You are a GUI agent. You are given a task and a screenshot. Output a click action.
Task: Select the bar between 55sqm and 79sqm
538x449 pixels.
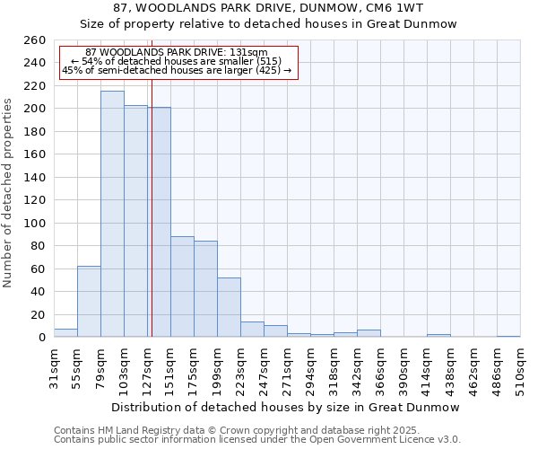click(x=89, y=301)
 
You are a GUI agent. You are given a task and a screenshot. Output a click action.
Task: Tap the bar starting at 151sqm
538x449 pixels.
click(x=182, y=286)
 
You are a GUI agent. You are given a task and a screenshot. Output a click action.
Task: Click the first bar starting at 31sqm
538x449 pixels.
click(x=65, y=333)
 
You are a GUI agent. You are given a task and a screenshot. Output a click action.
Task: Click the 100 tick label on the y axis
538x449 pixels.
click(x=34, y=223)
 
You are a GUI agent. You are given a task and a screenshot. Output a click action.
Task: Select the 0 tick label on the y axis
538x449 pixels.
click(x=40, y=338)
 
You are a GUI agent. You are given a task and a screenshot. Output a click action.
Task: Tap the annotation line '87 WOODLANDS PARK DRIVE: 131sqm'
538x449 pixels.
click(x=177, y=53)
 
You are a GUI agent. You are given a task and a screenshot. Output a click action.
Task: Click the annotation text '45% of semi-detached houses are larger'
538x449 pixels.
click(x=177, y=70)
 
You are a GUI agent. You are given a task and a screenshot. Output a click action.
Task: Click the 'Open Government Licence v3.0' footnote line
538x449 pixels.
click(x=257, y=440)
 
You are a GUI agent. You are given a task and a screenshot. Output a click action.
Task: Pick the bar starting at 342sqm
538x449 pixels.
click(x=369, y=333)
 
